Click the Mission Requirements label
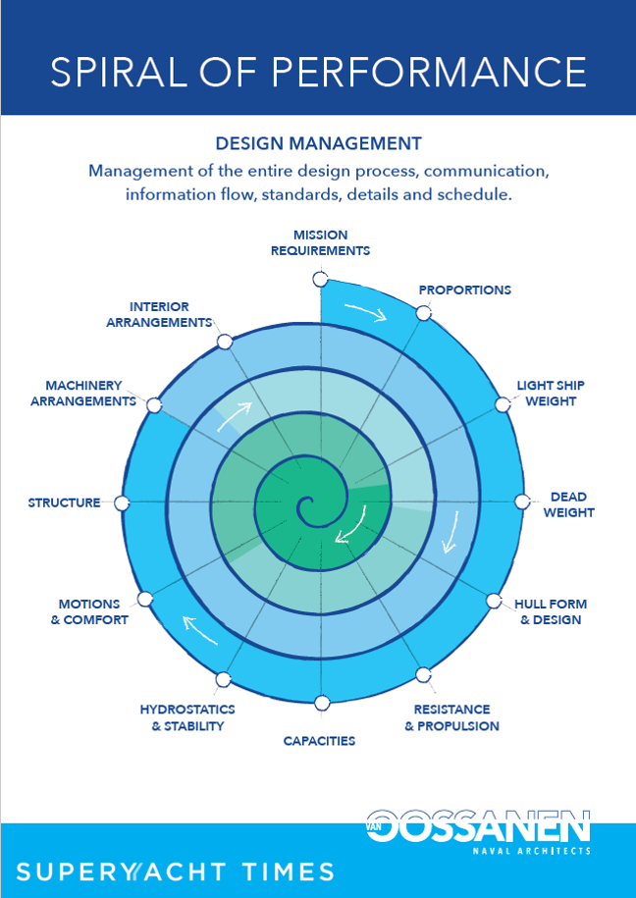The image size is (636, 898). [x=320, y=242]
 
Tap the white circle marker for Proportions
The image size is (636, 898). [x=423, y=313]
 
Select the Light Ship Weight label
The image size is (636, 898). [x=550, y=393]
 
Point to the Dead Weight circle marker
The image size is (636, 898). [x=521, y=502]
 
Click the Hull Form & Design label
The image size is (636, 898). [x=551, y=611]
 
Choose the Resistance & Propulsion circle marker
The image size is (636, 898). [x=423, y=674]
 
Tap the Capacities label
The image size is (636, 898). [x=319, y=741]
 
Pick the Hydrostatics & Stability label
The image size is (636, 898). [x=187, y=717]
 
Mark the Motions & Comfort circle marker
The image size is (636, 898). [x=145, y=599]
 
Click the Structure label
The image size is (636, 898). [x=64, y=502]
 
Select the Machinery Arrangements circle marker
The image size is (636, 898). [x=153, y=405]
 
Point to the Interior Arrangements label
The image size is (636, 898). [x=159, y=314]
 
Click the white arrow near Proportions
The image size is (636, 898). [x=366, y=313]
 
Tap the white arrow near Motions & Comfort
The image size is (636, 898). [x=200, y=630]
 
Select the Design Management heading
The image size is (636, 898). [x=319, y=143]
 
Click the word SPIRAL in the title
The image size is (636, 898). [x=119, y=72]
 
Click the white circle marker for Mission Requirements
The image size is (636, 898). [x=320, y=280]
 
